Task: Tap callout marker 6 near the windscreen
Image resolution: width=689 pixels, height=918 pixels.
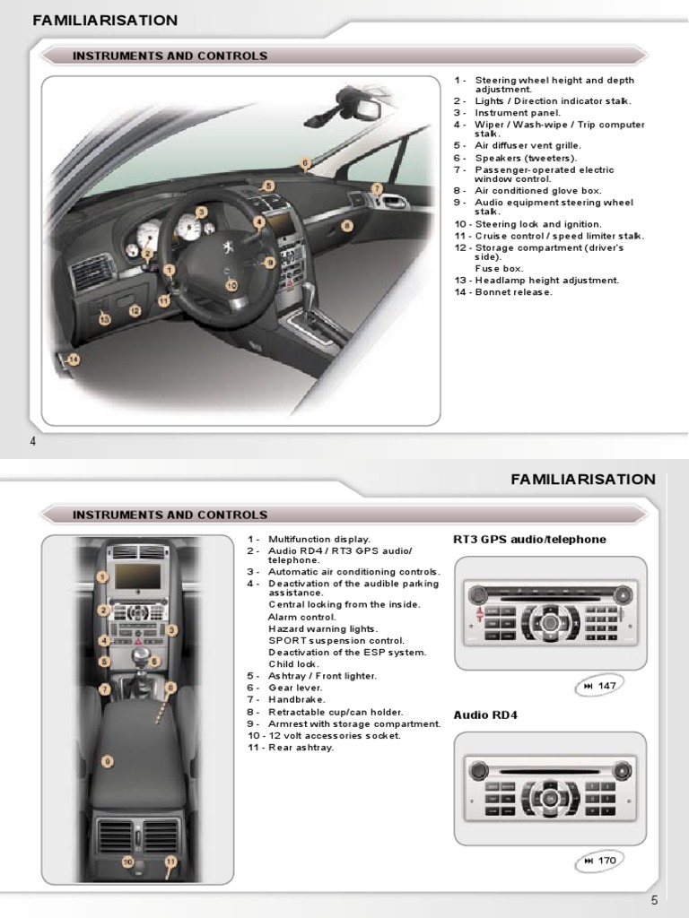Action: coord(305,163)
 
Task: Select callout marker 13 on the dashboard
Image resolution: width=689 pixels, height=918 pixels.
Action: coord(104,319)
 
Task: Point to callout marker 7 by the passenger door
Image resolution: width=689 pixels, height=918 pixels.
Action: coord(377,189)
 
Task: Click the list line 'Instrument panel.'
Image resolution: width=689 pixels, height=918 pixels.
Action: coord(518,113)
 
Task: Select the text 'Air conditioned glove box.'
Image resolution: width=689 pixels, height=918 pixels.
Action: coord(538,191)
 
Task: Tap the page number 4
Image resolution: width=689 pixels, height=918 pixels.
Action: coord(33,441)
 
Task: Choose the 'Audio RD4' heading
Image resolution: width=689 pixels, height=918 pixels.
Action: coord(485,714)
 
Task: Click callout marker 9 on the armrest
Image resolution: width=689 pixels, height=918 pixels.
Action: coord(107,761)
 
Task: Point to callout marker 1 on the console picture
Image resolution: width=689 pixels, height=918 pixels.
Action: coord(104,576)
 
